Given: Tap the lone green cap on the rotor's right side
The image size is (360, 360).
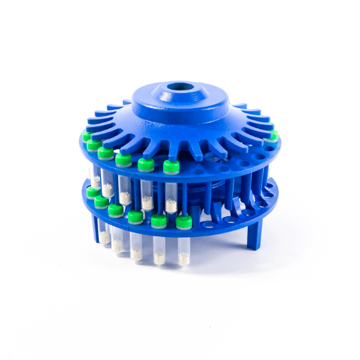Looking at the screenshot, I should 273,135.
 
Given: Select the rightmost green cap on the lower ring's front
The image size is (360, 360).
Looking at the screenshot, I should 184,223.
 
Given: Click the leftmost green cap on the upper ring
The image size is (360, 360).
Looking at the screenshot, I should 85,136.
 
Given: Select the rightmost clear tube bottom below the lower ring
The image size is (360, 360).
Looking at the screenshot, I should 184,256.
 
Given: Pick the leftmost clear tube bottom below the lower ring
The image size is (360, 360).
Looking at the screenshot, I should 104,236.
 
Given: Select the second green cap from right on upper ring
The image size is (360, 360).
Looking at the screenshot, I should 145,164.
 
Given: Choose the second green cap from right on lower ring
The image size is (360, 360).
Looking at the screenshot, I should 159,222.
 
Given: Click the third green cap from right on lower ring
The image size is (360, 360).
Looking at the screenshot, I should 135,217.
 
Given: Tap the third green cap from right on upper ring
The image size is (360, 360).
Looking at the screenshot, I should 124,160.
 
